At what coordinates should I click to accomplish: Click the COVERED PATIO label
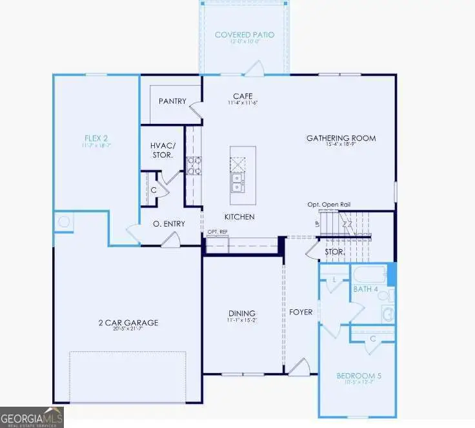point(245,34)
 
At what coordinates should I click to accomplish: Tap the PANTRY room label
point(172,101)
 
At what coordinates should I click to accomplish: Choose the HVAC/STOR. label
point(163,150)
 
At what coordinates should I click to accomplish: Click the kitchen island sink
point(238,183)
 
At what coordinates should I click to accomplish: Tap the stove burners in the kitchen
point(193,166)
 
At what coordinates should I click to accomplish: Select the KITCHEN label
point(239,217)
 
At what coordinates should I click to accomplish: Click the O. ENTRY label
point(169,224)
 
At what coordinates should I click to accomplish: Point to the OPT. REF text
point(217,231)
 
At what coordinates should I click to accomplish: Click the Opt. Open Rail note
point(329,205)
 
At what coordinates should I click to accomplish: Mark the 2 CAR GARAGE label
point(127,323)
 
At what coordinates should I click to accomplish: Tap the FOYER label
point(301,312)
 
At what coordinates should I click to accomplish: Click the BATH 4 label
point(365,289)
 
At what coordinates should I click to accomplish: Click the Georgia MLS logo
point(32,417)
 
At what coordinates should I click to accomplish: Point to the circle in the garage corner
point(64,222)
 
